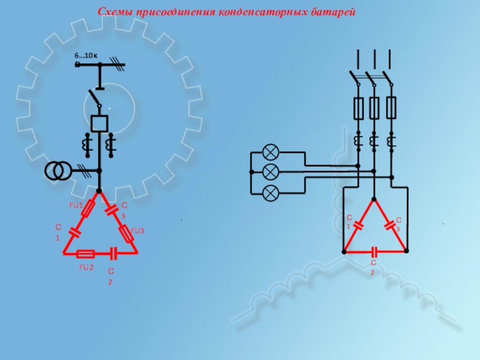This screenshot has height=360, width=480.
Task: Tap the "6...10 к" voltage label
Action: coord(86,55)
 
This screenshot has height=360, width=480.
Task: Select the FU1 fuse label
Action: coord(76,205)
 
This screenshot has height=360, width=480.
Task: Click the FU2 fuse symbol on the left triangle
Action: coord(85,254)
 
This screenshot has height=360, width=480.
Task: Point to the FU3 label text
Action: coord(137,231)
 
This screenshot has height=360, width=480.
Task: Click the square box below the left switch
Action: coord(100,124)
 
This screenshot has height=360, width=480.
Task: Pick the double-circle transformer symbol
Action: coord(58,171)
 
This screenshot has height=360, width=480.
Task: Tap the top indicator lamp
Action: coord(271,152)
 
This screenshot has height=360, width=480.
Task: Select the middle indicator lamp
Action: coord(271,172)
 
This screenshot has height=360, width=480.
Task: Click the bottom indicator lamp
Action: coord(271,193)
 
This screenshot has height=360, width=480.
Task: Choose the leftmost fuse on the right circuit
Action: coord(358,108)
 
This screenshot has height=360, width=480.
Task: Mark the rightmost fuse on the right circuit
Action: coord(391,107)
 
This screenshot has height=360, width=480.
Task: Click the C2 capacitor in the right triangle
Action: coord(374,252)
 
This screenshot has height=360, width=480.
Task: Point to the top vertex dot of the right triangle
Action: coord(374,199)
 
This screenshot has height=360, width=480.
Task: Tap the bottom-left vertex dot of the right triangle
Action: coord(344,251)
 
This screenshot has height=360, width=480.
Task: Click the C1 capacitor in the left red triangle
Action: coord(75,232)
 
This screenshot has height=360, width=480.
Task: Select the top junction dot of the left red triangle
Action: coord(99,191)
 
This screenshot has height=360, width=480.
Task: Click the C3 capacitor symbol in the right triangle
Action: coord(389,226)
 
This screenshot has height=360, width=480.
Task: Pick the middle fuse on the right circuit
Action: coord(374,108)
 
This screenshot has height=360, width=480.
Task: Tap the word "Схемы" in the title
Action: coord(115,12)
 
